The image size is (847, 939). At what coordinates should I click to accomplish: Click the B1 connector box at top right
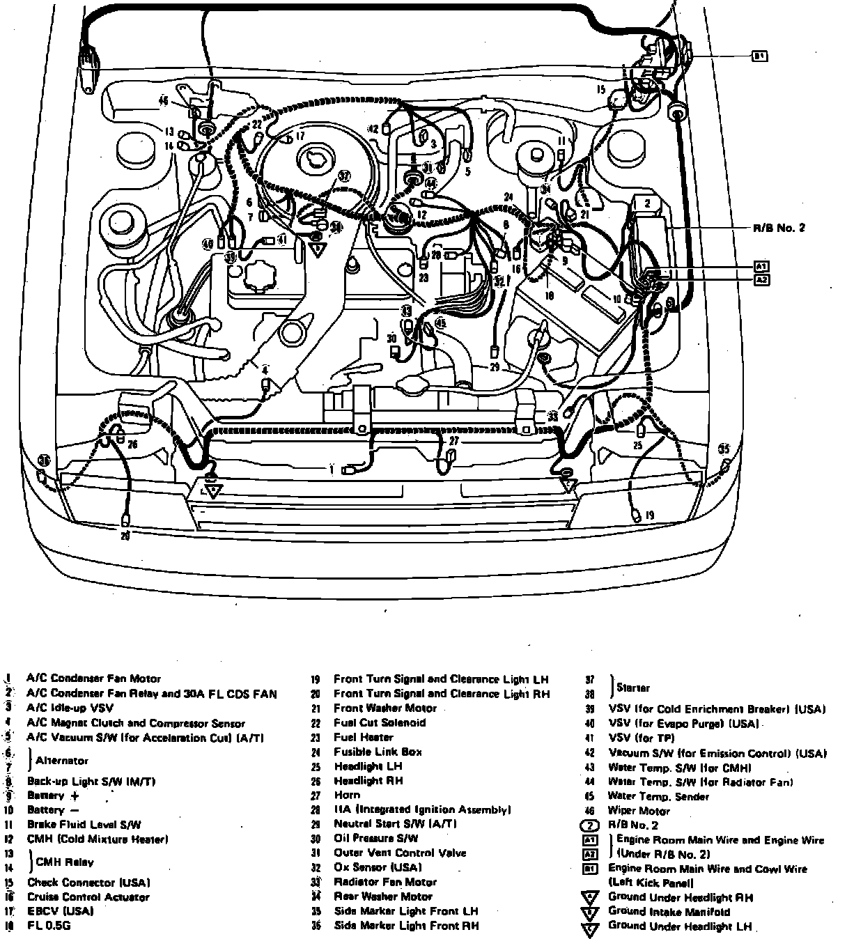pyautogui.click(x=759, y=56)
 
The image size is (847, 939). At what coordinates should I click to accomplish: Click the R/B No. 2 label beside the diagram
pyautogui.click(x=779, y=228)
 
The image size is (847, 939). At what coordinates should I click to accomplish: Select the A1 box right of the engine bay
pyautogui.click(x=761, y=267)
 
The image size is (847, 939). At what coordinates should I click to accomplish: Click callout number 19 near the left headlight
pyautogui.click(x=649, y=515)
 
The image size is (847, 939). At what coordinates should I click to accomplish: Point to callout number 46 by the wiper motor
pyautogui.click(x=164, y=101)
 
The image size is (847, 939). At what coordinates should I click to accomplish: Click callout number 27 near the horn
pyautogui.click(x=454, y=441)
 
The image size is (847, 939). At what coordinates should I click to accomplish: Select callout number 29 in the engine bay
pyautogui.click(x=494, y=366)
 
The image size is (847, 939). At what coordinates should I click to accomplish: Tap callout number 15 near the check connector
pyautogui.click(x=600, y=90)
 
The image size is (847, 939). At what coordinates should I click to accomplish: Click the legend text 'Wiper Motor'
pyautogui.click(x=639, y=811)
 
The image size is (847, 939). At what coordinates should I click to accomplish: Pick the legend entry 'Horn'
pyautogui.click(x=347, y=795)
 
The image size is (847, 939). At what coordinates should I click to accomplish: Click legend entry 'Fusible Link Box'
pyautogui.click(x=378, y=752)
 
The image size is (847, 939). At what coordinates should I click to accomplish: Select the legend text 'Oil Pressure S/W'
pyautogui.click(x=376, y=838)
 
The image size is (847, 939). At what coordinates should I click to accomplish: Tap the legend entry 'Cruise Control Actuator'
pyautogui.click(x=88, y=897)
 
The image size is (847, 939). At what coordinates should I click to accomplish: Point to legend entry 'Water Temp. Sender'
pyautogui.click(x=658, y=796)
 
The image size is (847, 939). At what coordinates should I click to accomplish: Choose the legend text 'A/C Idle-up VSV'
pyautogui.click(x=70, y=708)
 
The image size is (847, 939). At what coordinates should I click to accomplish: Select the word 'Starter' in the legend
pyautogui.click(x=632, y=688)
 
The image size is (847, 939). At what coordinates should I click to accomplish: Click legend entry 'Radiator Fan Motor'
pyautogui.click(x=385, y=882)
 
